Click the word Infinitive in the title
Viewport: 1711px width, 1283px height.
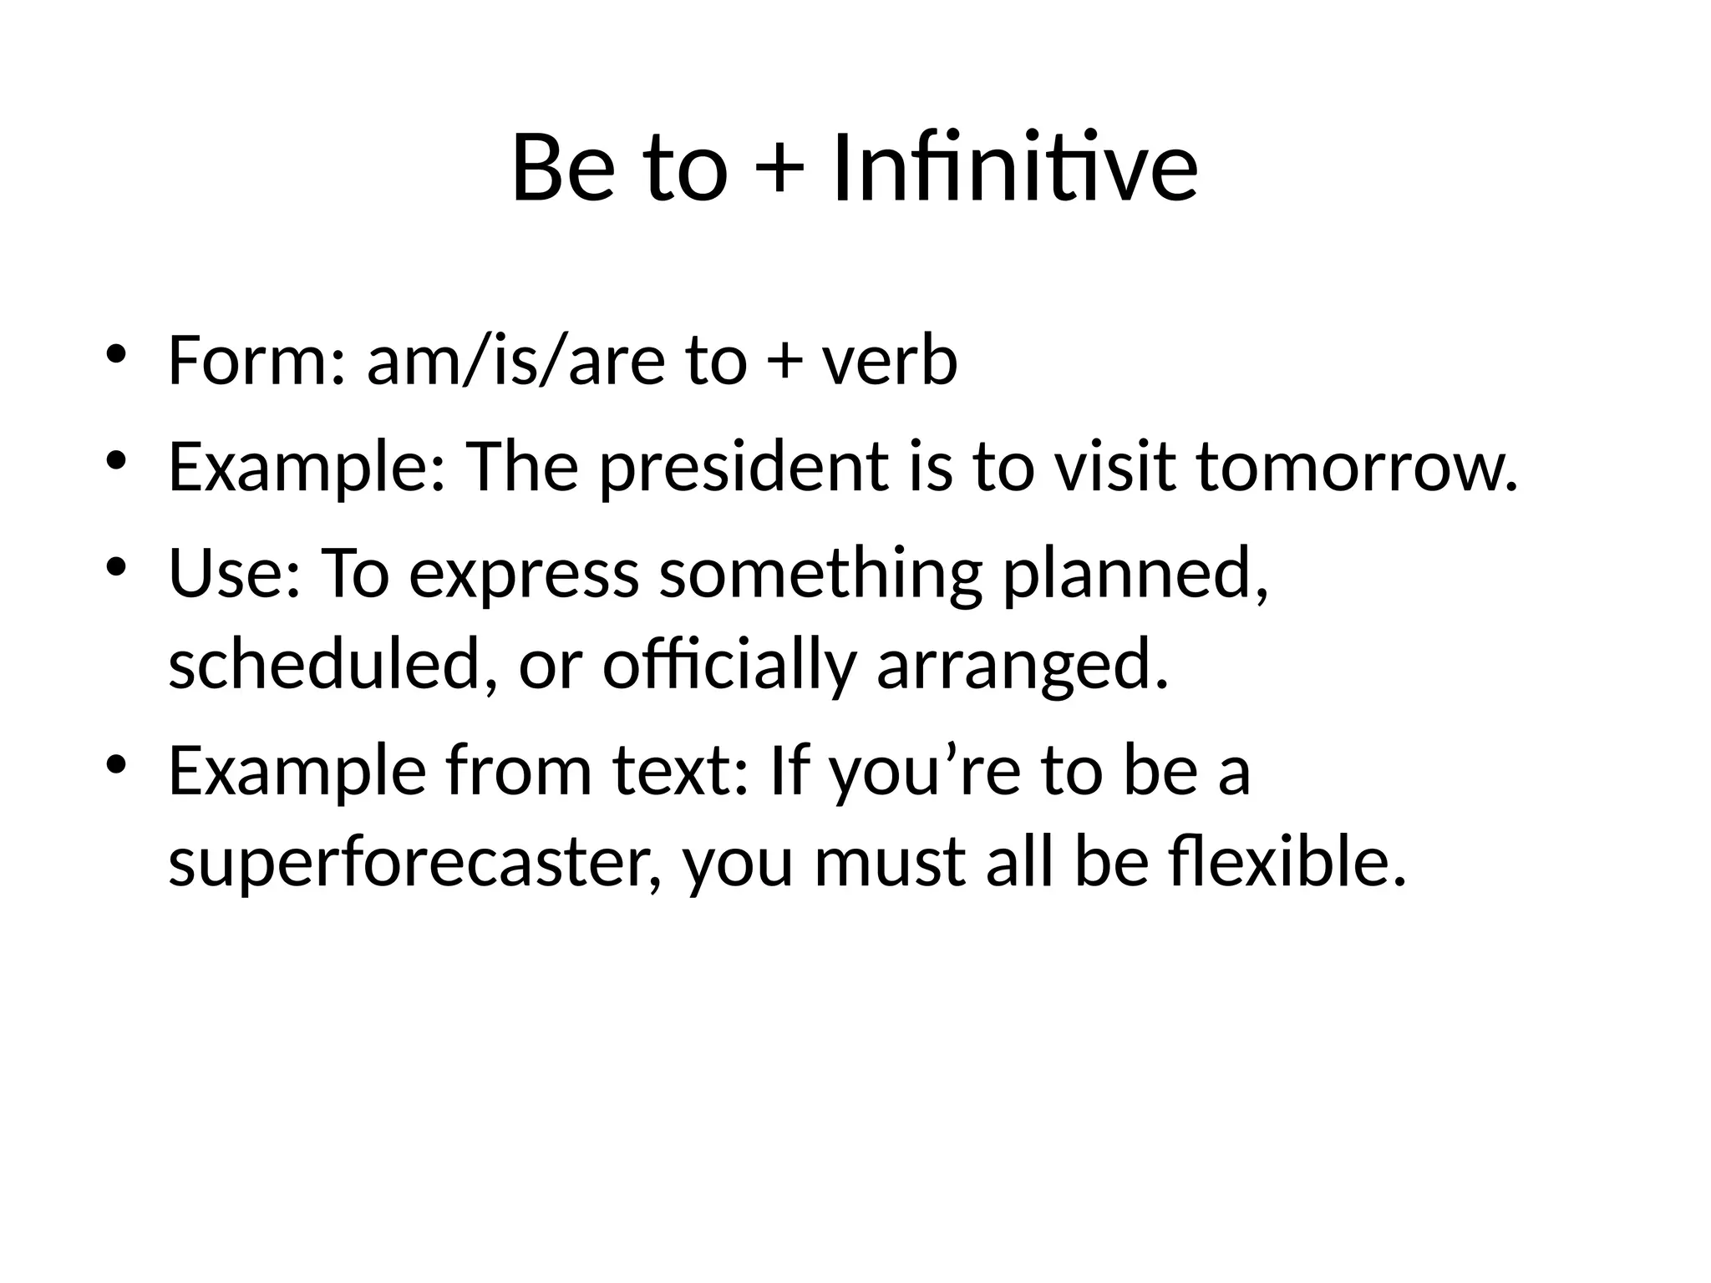[x=1015, y=169]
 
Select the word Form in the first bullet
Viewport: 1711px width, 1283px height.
[x=248, y=361]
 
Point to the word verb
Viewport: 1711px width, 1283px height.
[x=889, y=361]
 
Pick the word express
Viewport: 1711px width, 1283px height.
[x=523, y=576]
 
